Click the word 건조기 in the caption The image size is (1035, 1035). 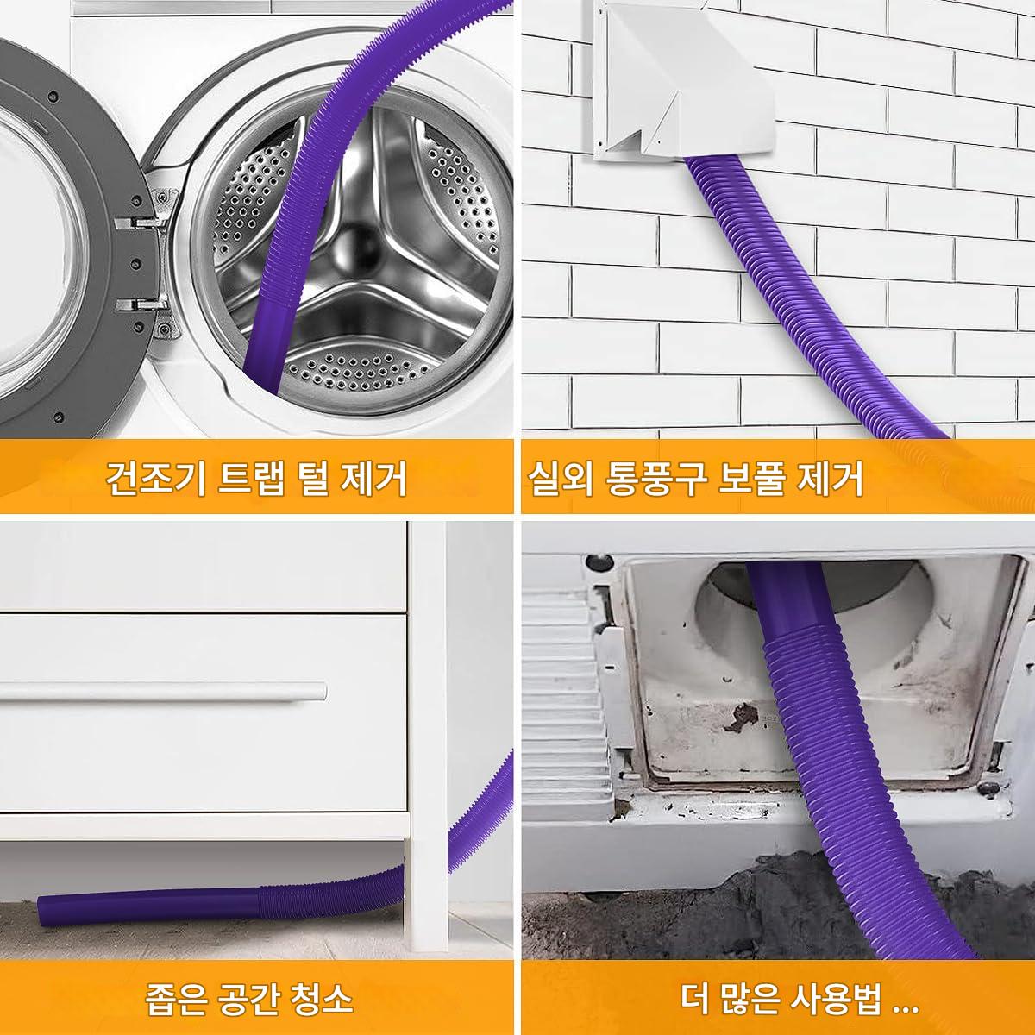click(x=156, y=477)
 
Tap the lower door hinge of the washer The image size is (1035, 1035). click(x=141, y=305)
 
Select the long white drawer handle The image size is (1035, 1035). click(x=163, y=691)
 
